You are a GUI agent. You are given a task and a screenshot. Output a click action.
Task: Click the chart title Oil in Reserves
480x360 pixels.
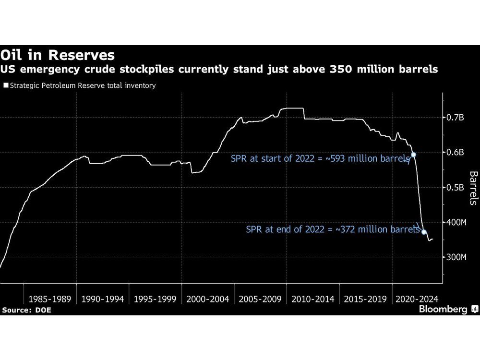[58, 54]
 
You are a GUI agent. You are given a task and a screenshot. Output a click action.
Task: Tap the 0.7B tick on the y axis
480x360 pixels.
[455, 118]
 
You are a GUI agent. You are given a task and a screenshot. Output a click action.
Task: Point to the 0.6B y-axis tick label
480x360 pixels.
[455, 153]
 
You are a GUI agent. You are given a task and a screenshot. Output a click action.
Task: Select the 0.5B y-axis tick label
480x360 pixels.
[455, 188]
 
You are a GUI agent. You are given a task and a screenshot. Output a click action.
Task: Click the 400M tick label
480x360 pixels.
[456, 223]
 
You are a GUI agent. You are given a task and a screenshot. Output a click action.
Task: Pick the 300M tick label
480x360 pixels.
[456, 258]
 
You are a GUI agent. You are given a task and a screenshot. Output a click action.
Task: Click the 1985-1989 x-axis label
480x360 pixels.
[50, 299]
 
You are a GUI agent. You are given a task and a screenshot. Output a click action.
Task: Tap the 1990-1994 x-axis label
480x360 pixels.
[102, 299]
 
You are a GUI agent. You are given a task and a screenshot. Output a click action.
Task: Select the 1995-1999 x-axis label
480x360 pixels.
[155, 299]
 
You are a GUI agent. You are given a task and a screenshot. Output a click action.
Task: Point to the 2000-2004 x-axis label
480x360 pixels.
[207, 299]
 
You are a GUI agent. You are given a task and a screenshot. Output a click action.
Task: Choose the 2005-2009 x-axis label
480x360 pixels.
[260, 299]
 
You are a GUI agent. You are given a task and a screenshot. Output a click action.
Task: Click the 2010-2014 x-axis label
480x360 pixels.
[312, 299]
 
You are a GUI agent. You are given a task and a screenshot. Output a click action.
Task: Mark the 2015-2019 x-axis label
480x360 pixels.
[365, 299]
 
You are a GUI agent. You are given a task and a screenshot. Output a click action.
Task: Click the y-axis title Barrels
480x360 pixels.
[473, 188]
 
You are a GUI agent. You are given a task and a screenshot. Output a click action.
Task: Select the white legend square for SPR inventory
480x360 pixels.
[5, 86]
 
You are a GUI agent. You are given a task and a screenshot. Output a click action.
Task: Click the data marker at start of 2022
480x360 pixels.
[413, 155]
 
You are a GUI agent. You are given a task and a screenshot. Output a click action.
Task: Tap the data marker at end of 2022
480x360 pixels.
[424, 232]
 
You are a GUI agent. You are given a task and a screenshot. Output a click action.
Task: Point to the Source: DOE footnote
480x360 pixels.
[26, 310]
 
